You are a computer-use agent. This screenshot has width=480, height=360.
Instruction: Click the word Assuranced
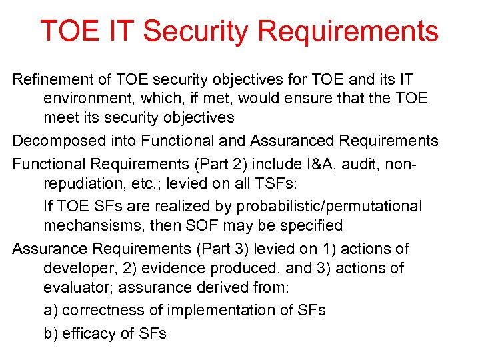pos(293,141)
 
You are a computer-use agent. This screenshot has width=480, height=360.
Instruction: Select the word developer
pos(75,269)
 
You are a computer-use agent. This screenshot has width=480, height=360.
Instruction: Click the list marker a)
pos(50,311)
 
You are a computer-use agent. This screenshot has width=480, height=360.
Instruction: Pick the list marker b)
pos(50,333)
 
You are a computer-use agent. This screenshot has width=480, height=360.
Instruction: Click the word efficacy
pos(89,333)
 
